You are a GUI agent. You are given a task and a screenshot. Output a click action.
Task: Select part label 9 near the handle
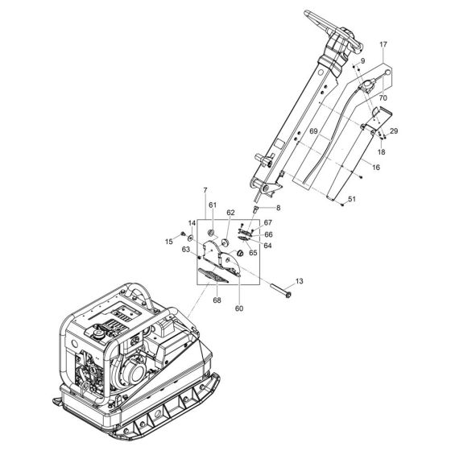[363, 62]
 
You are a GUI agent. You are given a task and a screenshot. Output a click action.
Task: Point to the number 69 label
[313, 130]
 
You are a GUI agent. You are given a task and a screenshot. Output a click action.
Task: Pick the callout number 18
[382, 151]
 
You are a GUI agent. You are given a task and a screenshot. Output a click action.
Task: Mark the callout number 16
[377, 168]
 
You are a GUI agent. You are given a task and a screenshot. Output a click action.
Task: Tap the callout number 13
[300, 281]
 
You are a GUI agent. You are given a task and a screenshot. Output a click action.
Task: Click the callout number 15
[170, 241]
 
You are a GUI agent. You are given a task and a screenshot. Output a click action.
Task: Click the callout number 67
[268, 223]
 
